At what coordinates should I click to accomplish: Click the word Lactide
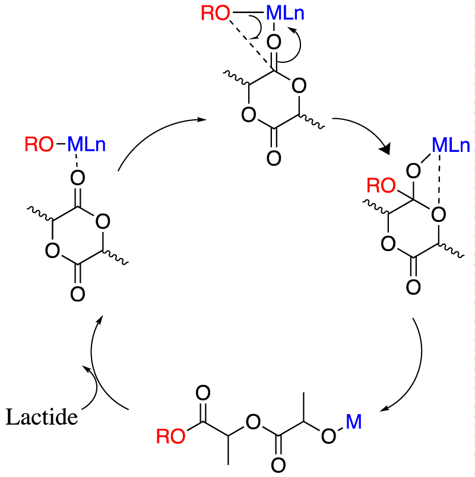tap(42, 416)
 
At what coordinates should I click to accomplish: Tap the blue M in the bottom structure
tap(354, 422)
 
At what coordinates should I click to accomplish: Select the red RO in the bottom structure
tap(170, 437)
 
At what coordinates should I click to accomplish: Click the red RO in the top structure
tap(216, 14)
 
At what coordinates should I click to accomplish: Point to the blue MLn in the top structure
tap(286, 14)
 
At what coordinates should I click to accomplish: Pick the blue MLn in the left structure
tap(87, 144)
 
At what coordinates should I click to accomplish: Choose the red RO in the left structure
tap(39, 144)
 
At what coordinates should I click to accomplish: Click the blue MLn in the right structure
tap(451, 145)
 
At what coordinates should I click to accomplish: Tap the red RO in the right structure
tap(381, 186)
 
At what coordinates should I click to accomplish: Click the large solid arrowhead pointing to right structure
tap(385, 149)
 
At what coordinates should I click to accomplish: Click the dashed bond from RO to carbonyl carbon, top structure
tap(251, 43)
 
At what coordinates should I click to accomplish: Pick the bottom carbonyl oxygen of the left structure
tap(78, 294)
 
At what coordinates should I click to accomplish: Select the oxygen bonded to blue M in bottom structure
tap(328, 436)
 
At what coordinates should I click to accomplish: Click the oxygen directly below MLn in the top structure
tap(274, 42)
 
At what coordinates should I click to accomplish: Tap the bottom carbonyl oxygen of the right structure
tap(413, 287)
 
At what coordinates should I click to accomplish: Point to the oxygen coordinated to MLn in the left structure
tap(78, 177)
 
